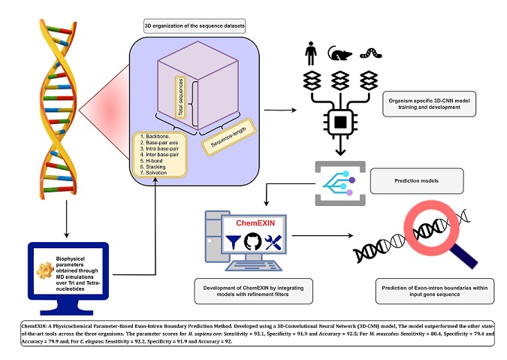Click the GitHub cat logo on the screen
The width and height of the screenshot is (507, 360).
click(x=252, y=243)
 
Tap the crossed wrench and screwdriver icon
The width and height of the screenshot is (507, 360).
click(x=274, y=243)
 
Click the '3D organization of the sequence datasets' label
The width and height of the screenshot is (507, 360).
click(x=195, y=27)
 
